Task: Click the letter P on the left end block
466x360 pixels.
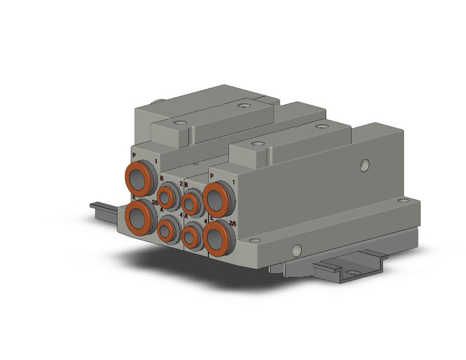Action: pyautogui.click(x=134, y=156)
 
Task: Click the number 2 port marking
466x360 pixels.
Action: pyautogui.click(x=181, y=183)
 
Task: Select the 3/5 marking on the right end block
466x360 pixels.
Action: pyautogui.click(x=232, y=224)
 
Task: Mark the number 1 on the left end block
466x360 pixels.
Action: pyautogui.click(x=156, y=161)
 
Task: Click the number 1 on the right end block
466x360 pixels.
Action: pyautogui.click(x=233, y=183)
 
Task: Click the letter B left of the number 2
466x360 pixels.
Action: pyautogui.click(x=162, y=178)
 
